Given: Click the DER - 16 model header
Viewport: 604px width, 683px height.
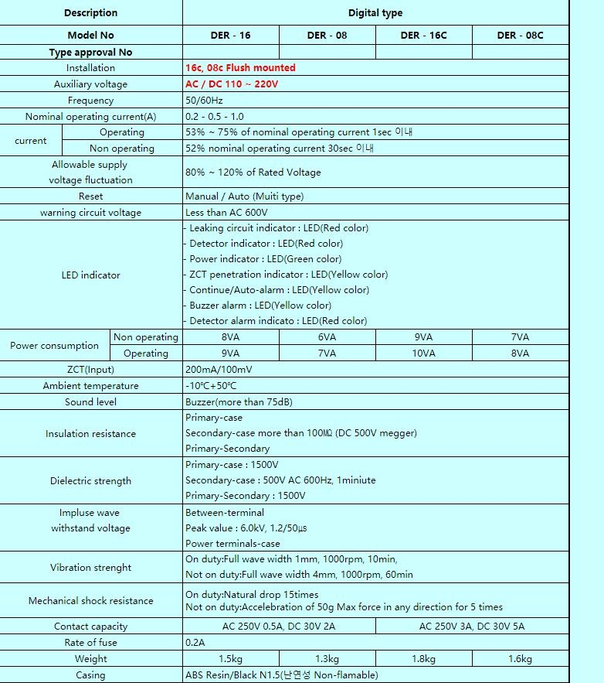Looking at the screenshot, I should click(230, 35).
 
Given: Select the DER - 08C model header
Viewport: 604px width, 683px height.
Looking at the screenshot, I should click(520, 35).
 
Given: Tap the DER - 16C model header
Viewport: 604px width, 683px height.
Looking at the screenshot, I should click(423, 35).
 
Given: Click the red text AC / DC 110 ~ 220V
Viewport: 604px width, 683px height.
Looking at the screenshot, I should click(232, 84).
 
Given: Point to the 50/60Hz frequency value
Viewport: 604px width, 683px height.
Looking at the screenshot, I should click(203, 101).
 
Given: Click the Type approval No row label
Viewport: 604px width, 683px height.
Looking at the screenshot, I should click(90, 52).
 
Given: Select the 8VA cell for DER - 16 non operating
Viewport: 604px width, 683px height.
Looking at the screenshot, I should click(230, 337).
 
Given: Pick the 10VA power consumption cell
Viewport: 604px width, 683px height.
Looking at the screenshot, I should click(423, 353).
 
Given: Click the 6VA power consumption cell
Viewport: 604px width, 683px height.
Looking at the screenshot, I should click(327, 337).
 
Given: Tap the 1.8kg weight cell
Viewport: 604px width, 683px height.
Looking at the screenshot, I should click(423, 659).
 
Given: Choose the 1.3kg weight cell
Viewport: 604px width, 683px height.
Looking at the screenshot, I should click(327, 659).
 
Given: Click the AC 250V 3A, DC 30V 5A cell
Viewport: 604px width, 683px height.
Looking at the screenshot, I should click(472, 627).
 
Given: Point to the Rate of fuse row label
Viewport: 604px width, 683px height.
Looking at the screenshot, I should click(90, 643).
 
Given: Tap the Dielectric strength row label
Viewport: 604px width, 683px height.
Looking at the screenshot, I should click(90, 481).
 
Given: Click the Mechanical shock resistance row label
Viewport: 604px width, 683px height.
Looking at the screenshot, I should click(90, 601).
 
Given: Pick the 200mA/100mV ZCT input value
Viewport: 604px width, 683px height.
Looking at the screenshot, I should click(219, 370).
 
